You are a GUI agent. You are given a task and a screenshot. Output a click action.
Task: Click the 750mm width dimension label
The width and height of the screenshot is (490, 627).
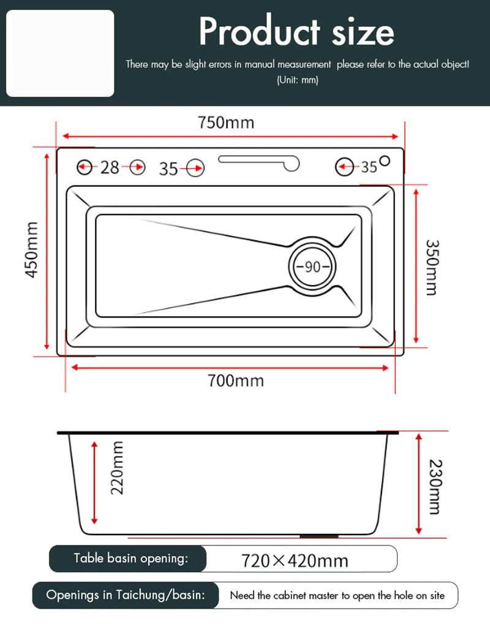[x=225, y=122]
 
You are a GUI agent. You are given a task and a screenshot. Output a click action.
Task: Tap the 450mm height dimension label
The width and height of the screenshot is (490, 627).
[x=32, y=249]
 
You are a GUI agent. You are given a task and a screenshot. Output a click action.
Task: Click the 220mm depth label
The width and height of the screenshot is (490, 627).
[x=116, y=468]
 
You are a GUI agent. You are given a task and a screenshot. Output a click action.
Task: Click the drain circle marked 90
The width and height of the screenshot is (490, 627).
[x=312, y=267]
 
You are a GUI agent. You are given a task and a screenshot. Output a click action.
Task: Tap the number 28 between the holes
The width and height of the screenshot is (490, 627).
[x=110, y=167]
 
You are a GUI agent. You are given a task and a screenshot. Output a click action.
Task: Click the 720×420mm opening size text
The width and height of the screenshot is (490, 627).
[x=295, y=560]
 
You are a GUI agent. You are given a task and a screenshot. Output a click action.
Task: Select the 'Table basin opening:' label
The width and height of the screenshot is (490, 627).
[x=130, y=558]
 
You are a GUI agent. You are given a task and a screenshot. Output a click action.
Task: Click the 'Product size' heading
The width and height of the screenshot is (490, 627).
[x=296, y=32]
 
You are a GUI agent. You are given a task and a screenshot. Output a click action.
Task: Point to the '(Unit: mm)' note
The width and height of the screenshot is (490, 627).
[x=297, y=80]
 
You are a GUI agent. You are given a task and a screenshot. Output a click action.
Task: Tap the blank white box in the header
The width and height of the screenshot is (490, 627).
[x=60, y=53]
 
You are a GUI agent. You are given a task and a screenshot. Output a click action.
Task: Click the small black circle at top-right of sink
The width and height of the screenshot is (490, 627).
[x=385, y=161]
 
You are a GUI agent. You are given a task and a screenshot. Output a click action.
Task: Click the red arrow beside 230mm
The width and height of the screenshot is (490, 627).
[x=419, y=483]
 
